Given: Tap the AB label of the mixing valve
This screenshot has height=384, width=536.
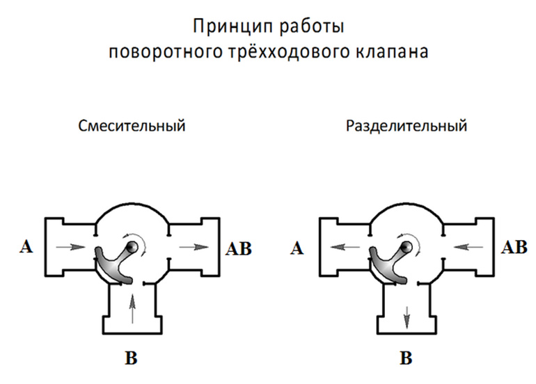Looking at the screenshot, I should pos(239,248).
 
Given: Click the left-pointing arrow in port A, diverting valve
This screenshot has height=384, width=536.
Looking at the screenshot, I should pos(345,246).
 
